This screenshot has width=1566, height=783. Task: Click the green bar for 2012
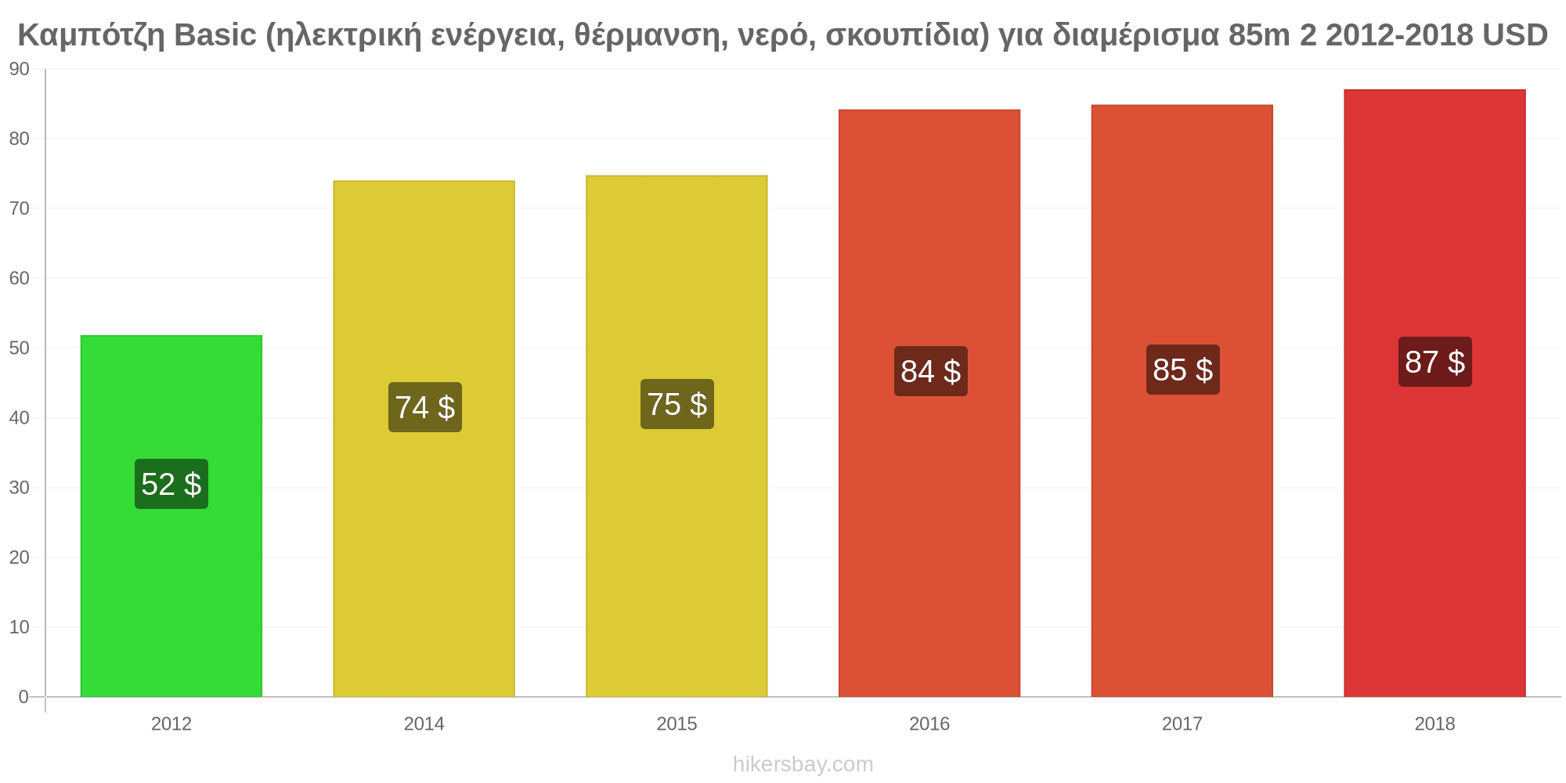pos(171,516)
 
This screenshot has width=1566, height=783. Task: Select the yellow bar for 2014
pos(424,438)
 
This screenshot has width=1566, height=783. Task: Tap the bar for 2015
pos(677,436)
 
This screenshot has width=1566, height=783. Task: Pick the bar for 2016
pos(929,403)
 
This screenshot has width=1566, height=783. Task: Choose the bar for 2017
pos(1182,401)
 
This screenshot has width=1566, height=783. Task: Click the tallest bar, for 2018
pos(1434,393)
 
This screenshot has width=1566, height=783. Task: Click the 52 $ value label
pos(171,484)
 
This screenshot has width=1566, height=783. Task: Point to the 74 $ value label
pos(425,407)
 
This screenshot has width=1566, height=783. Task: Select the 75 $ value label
pos(677,404)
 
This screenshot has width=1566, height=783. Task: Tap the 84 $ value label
pos(931,371)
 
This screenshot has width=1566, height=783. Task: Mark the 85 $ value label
pos(1183,370)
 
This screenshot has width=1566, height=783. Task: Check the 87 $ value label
pos(1435,362)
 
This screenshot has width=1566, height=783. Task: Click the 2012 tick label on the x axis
pos(171,724)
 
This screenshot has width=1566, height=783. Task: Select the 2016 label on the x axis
pos(929,724)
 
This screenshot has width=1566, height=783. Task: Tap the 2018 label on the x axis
pos(1434,724)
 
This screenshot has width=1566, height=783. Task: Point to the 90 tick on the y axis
pos(20,70)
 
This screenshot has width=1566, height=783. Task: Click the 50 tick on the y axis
pos(20,348)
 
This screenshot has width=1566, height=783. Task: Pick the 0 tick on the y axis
pos(23,697)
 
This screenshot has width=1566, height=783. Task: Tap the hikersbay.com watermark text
pos(803,764)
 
